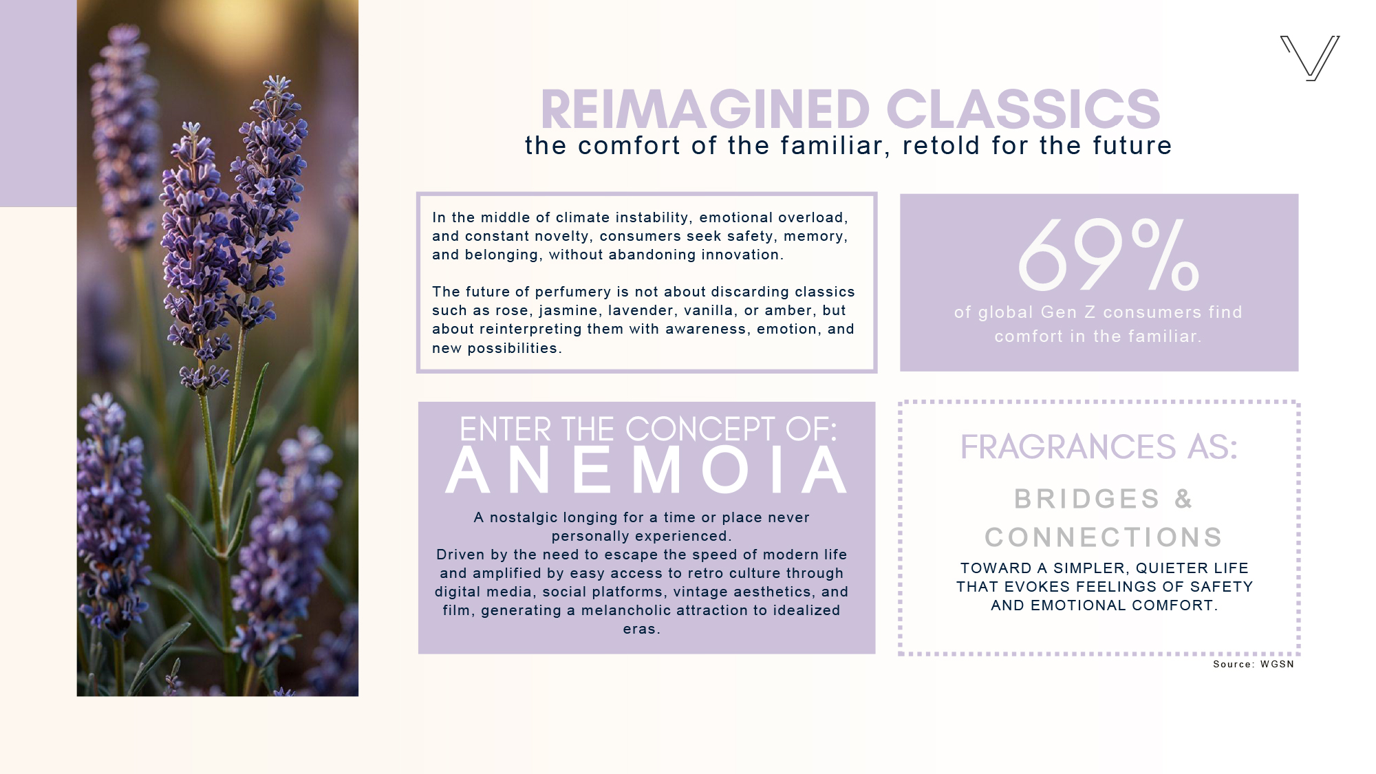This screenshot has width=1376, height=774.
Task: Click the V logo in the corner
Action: click(x=1310, y=58)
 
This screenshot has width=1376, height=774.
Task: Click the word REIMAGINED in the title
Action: click(x=706, y=109)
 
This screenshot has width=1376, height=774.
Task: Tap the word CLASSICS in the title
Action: click(x=1023, y=109)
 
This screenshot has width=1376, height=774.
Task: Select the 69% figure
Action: click(x=1108, y=255)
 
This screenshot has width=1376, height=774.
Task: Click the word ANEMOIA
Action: click(x=647, y=471)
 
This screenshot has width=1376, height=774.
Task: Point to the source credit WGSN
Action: click(x=1277, y=664)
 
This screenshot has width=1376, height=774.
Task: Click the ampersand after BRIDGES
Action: click(x=1183, y=499)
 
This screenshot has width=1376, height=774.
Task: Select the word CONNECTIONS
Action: click(x=1104, y=537)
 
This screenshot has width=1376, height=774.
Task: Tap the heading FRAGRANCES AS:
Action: click(x=1099, y=447)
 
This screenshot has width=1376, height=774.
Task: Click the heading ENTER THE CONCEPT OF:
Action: click(x=648, y=429)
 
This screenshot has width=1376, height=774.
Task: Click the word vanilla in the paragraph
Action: click(x=705, y=310)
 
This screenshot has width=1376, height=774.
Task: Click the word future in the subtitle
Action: click(x=1132, y=146)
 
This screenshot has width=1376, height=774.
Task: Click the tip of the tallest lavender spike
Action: click(x=277, y=77)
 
